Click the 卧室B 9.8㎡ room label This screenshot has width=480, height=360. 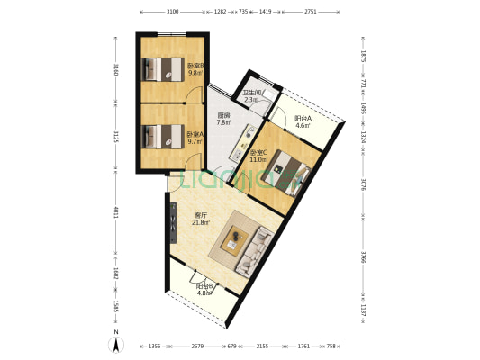pyautogui.click(x=195, y=69)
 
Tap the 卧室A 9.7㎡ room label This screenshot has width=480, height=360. pyautogui.click(x=195, y=138)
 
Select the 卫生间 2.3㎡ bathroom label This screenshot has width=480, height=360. pyautogui.click(x=252, y=96)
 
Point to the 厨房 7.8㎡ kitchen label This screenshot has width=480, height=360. pyautogui.click(x=223, y=119)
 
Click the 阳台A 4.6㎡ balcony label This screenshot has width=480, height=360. pyautogui.click(x=303, y=121)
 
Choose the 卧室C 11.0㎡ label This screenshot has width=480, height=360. pyautogui.click(x=259, y=156)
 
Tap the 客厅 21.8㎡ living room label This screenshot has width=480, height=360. pyautogui.click(x=202, y=219)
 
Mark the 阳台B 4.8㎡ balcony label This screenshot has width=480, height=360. pyautogui.click(x=204, y=290)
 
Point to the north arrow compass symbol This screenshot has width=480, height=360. pyautogui.click(x=116, y=343)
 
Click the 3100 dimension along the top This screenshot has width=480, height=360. pyautogui.click(x=172, y=13)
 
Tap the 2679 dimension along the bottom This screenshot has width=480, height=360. pyautogui.click(x=197, y=345)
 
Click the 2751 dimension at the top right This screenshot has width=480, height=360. pyautogui.click(x=310, y=13)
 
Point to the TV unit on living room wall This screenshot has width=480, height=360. pyautogui.click(x=172, y=223)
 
